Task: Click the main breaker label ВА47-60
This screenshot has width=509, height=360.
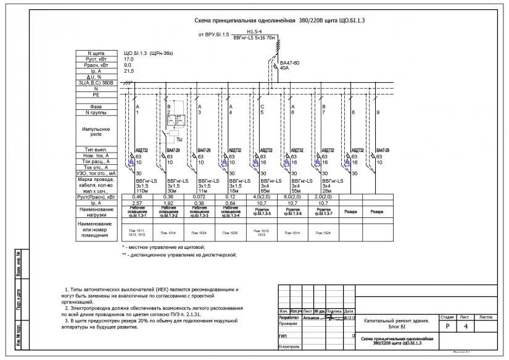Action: click(x=290, y=63)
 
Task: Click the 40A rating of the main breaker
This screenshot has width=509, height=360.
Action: click(x=284, y=69)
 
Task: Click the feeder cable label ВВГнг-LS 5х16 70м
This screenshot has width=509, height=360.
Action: click(x=254, y=38)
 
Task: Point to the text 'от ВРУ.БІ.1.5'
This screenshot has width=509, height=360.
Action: click(x=213, y=35)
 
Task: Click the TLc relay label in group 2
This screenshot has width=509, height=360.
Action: click(x=179, y=140)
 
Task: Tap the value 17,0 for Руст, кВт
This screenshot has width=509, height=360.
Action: click(x=129, y=59)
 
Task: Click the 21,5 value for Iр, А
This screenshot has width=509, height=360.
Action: click(x=129, y=71)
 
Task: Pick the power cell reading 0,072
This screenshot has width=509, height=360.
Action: click(x=200, y=197)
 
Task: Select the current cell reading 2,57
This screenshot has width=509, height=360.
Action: click(x=137, y=203)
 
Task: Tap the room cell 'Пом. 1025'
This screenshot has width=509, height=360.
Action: click(x=231, y=233)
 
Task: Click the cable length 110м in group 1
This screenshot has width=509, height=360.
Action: click(x=143, y=191)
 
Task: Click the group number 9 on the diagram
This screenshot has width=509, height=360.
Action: click(x=378, y=112)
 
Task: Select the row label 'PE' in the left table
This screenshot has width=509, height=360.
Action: click(x=95, y=95)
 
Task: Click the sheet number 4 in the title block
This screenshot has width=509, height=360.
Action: click(x=465, y=325)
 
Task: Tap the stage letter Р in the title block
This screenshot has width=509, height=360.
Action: click(x=447, y=325)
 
